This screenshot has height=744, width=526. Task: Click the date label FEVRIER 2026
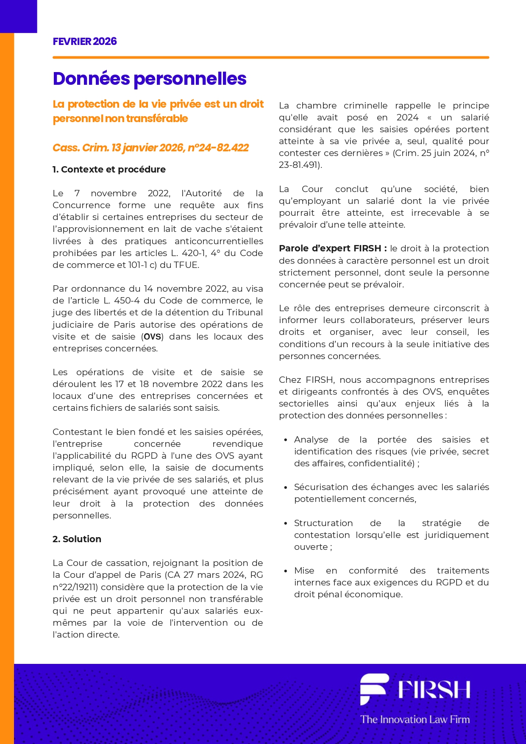click(85, 42)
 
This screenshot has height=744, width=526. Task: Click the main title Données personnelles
click(150, 79)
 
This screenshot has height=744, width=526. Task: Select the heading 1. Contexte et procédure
click(109, 170)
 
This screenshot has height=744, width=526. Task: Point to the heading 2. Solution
click(77, 539)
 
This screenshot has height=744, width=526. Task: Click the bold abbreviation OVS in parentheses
click(153, 337)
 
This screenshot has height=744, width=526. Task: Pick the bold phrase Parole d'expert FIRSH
click(333, 248)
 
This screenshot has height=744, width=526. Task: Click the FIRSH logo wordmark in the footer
click(434, 690)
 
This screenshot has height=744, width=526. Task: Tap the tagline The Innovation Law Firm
click(415, 719)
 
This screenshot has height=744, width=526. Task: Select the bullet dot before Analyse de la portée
click(286, 440)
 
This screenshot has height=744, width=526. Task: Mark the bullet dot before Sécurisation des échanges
click(286, 488)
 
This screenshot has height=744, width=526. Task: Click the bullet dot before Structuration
click(286, 524)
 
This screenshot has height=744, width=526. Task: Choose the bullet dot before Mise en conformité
click(286, 571)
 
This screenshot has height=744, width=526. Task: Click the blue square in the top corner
click(18, 16)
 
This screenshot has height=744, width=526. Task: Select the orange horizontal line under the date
click(271, 57)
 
